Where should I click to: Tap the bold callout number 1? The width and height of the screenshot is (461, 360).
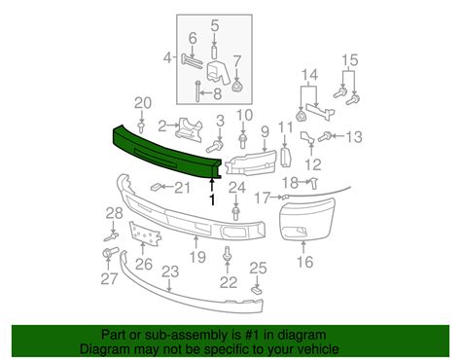pyautogui.click(x=212, y=199)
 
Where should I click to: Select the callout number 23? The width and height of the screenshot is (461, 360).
pyautogui.click(x=170, y=271)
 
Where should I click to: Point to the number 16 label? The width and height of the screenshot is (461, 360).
pyautogui.click(x=304, y=262)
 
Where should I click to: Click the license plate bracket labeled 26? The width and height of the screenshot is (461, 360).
pyautogui.click(x=145, y=234)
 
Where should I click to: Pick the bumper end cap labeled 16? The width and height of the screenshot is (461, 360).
pyautogui.click(x=306, y=219)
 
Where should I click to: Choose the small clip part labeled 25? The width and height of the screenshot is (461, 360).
pyautogui.click(x=258, y=290)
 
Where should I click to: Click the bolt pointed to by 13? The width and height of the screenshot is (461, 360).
pyautogui.click(x=325, y=137)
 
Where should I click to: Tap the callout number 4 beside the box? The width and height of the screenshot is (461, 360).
pyautogui.click(x=167, y=58)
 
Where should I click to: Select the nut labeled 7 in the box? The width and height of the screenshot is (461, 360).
pyautogui.click(x=237, y=87)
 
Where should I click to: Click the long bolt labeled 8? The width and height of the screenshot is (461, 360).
pyautogui.click(x=197, y=91)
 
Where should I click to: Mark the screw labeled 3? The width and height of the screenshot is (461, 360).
pyautogui.click(x=215, y=147)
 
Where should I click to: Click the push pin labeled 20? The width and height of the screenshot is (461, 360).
pyautogui.click(x=141, y=127)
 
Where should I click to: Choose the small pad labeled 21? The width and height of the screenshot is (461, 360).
pyautogui.click(x=157, y=187)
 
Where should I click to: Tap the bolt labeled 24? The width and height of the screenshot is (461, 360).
pyautogui.click(x=235, y=213)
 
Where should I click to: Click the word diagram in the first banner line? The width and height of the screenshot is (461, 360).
pyautogui.click(x=302, y=335)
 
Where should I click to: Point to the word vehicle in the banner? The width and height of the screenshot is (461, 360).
pyautogui.click(x=317, y=349)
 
